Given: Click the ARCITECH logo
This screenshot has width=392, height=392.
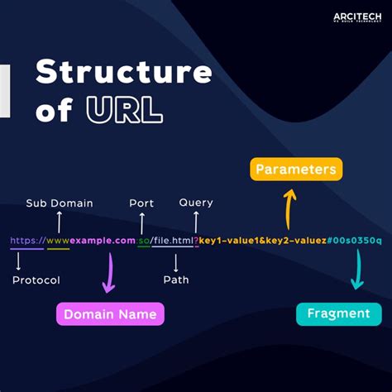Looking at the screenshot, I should pyautogui.click(x=356, y=18).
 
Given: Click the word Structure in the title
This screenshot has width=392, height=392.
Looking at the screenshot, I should pyautogui.click(x=123, y=73).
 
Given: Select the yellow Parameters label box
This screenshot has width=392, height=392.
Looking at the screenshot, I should pyautogui.click(x=295, y=170).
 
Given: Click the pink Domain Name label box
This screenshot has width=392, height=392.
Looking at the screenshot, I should pyautogui.click(x=110, y=314).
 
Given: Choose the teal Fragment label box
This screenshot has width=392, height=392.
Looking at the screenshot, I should pyautogui.click(x=338, y=313).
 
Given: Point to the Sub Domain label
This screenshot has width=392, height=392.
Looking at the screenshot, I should pyautogui.click(x=60, y=203).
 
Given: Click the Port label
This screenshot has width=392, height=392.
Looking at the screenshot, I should pyautogui.click(x=141, y=203).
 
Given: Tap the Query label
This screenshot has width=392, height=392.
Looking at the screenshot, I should pyautogui.click(x=196, y=203).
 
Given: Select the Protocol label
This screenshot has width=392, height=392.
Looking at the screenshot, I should pyautogui.click(x=36, y=280).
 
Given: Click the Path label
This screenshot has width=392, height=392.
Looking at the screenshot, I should pyautogui.click(x=176, y=280).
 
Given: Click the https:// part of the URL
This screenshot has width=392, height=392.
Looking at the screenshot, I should pyautogui.click(x=26, y=241).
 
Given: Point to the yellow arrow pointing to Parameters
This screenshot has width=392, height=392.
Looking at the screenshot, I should pyautogui.click(x=289, y=207).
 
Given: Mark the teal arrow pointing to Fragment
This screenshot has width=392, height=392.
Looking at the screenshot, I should pyautogui.click(x=356, y=270).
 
